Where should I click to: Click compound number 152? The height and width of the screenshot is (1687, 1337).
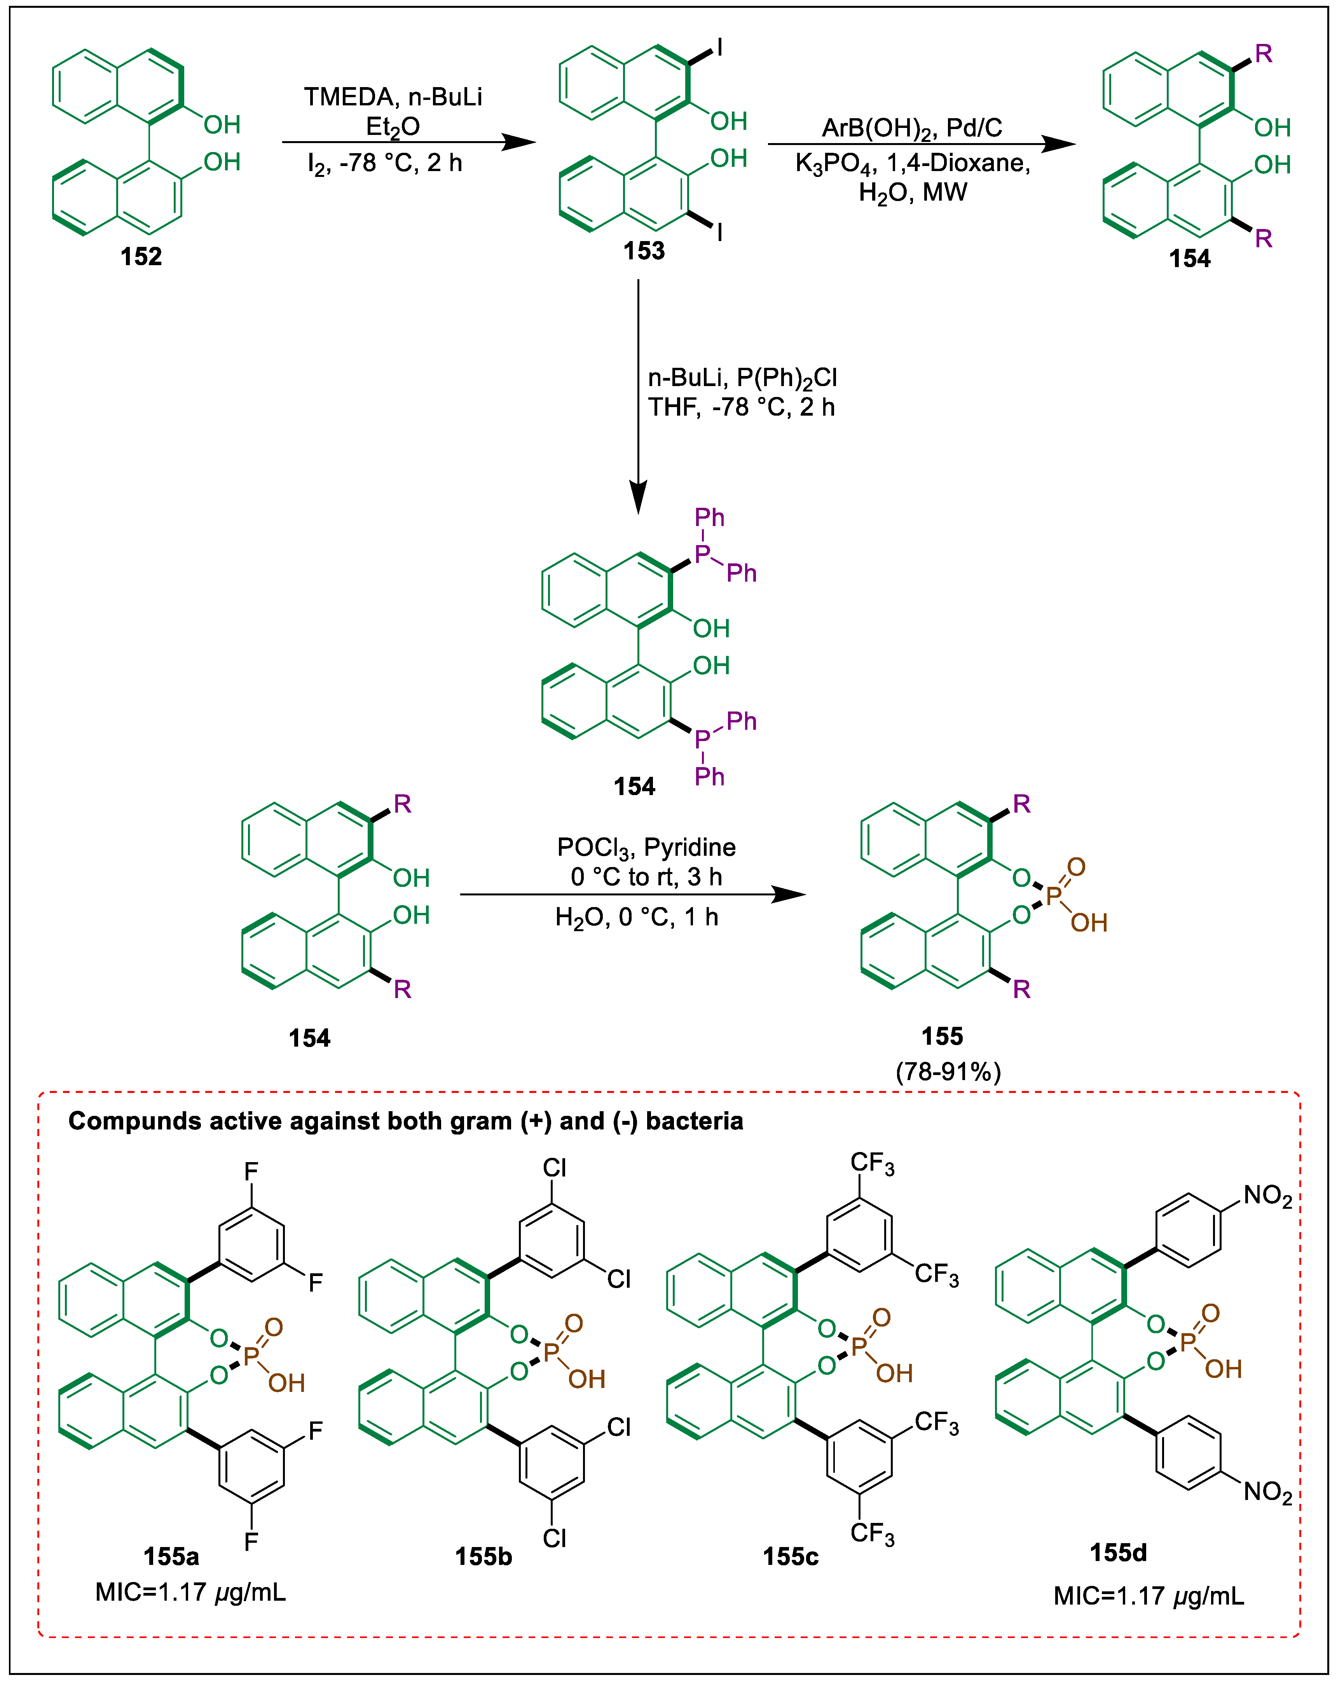141,257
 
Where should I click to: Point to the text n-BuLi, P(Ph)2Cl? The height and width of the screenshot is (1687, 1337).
742,378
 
